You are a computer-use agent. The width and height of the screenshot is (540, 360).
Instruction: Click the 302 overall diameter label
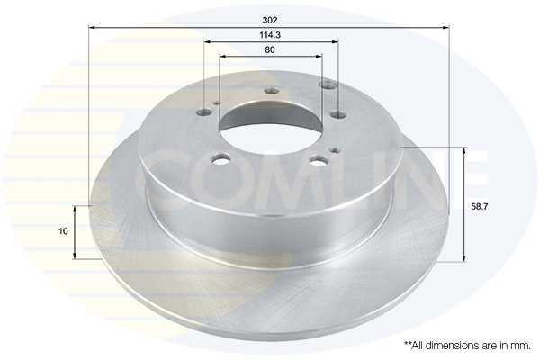[271, 19]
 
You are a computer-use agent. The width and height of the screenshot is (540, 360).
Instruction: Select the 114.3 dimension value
[271, 35]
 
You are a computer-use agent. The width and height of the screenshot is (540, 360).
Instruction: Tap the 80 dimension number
[271, 50]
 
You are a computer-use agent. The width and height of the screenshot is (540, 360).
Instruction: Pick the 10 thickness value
[62, 231]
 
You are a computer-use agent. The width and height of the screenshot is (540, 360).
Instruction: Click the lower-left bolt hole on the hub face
[220, 163]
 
